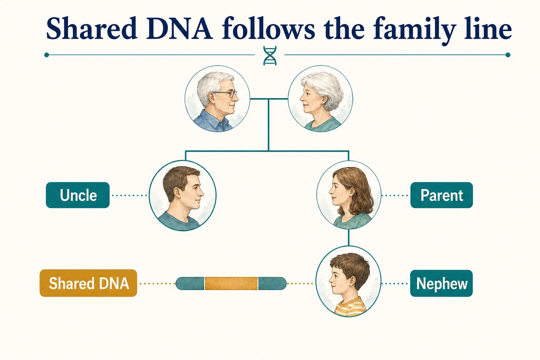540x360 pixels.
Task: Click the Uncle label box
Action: (78, 195)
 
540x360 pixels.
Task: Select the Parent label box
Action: (442, 195)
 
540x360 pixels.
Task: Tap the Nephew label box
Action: (441, 283)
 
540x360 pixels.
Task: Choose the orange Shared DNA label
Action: (88, 283)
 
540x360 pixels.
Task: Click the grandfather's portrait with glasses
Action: (217, 99)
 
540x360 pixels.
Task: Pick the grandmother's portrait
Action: (320, 99)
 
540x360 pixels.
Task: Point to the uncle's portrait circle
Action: (182, 195)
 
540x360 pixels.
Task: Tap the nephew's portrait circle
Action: (348, 282)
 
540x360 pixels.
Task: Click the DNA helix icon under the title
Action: (270, 56)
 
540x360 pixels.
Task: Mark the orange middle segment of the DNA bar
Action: (231, 283)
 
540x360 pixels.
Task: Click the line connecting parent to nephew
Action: (348, 238)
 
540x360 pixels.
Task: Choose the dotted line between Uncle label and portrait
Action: (129, 195)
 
